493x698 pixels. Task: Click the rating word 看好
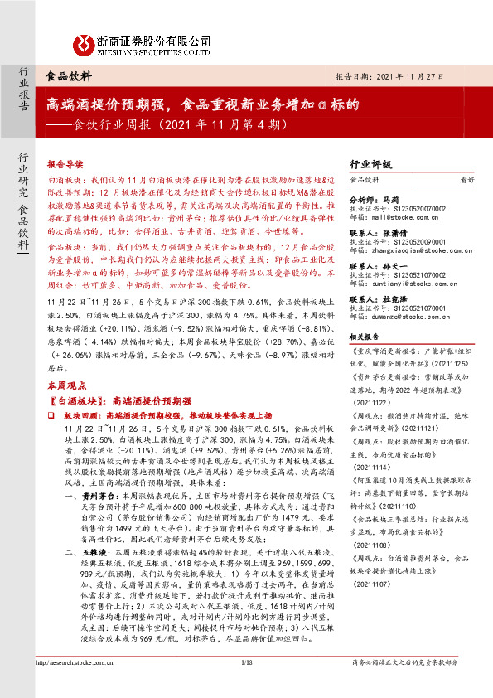pos(467,179)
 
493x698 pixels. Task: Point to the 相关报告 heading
pos(365,337)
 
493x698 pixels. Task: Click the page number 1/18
pos(245,686)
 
